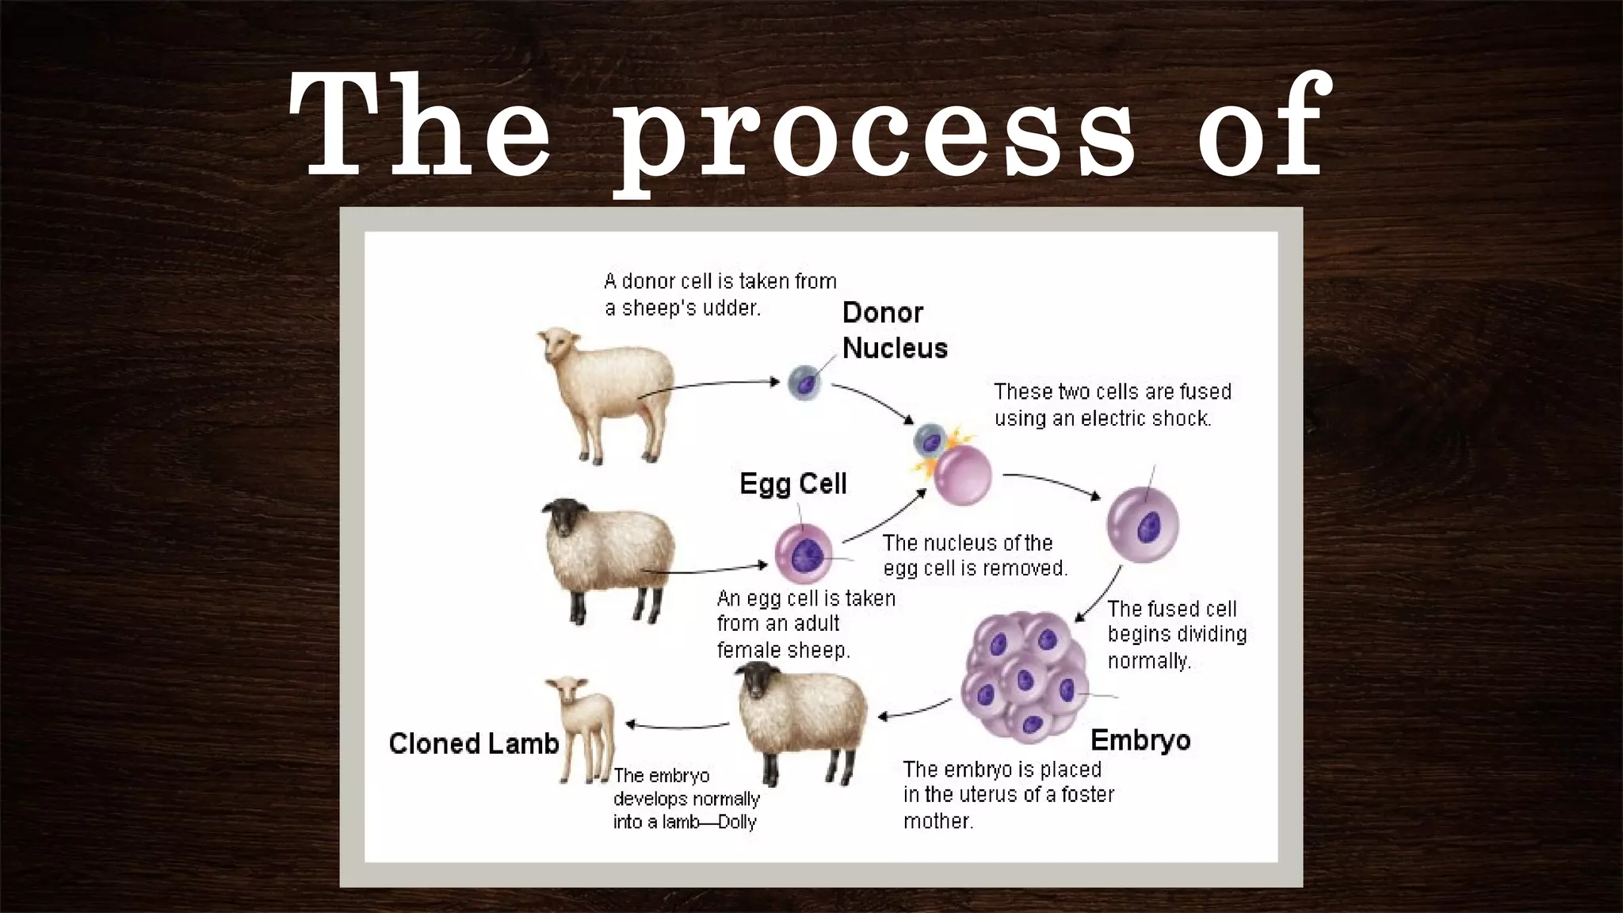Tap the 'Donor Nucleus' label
[894, 330]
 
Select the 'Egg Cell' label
[792, 483]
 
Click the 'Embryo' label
[1140, 740]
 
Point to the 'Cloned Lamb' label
[473, 743]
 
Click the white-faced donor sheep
[605, 392]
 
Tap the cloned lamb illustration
[582, 725]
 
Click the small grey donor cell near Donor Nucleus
[804, 384]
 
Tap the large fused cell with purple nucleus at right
[1142, 524]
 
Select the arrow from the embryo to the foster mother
[915, 710]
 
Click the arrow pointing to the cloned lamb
[678, 724]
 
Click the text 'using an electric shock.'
[1102, 418]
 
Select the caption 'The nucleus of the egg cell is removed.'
[974, 555]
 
